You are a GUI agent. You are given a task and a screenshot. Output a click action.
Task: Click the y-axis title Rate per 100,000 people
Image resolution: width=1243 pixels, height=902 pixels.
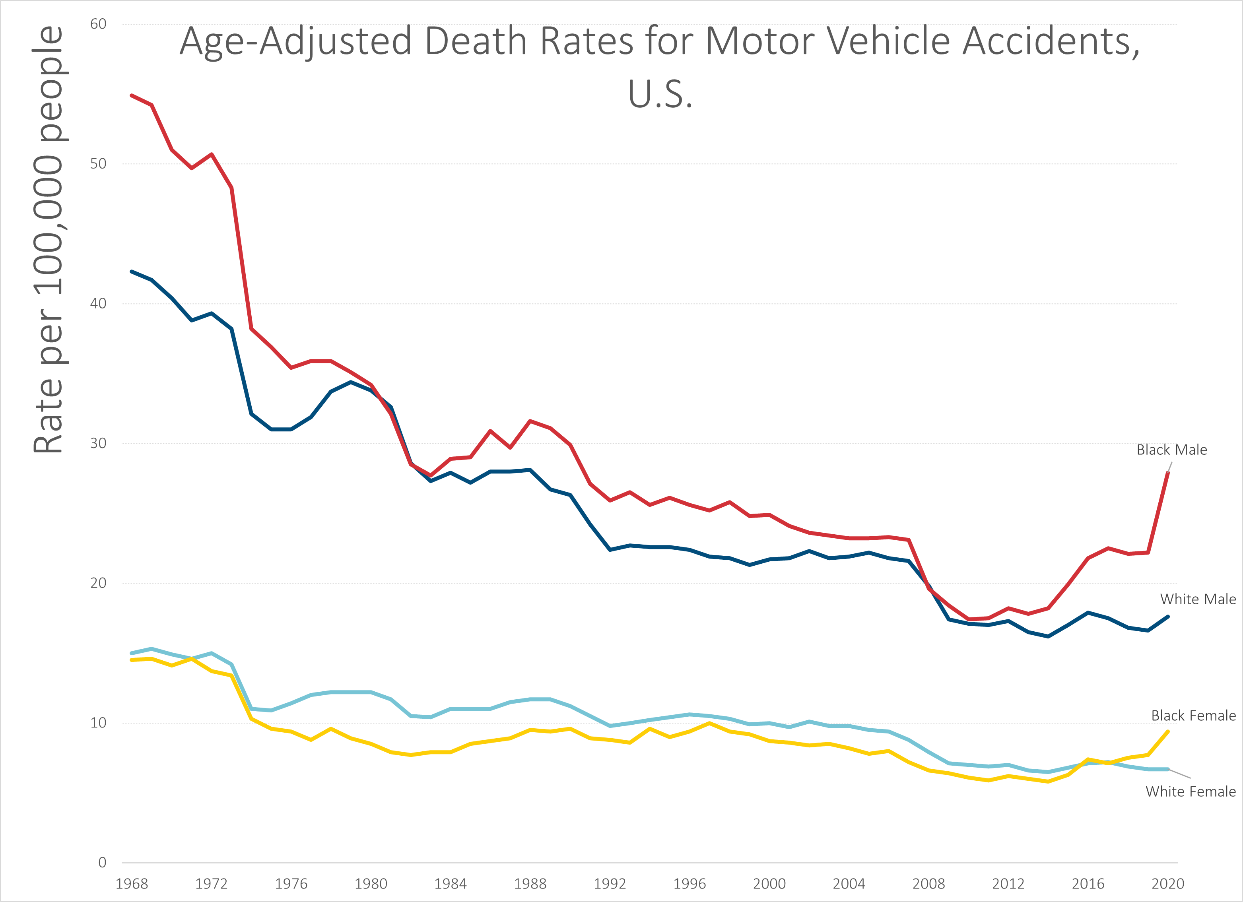coord(48,239)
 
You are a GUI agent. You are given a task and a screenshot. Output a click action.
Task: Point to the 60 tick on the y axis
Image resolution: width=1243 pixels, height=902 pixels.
coord(98,24)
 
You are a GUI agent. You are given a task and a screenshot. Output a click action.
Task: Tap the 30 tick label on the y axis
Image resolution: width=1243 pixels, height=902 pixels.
coord(98,443)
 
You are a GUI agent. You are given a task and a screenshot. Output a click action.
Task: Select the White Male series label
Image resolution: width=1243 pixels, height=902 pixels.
coord(1198,599)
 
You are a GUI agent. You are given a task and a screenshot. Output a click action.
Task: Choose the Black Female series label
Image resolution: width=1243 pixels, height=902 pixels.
coord(1193,716)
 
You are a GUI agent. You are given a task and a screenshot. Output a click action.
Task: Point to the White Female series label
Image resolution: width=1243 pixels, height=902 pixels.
coord(1191,792)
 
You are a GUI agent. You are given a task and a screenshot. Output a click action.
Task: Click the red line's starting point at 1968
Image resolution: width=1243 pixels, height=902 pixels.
coord(132,95)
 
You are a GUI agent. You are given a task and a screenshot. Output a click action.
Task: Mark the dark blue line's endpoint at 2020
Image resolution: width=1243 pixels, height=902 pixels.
coord(1167,617)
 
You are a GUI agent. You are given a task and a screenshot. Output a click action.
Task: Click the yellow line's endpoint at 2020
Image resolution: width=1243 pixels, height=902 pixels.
coord(1167,731)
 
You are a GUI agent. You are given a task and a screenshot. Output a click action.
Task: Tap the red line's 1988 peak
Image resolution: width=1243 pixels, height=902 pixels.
coord(530,421)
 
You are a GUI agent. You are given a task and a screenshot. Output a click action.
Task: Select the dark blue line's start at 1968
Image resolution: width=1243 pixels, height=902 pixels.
coord(132,271)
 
